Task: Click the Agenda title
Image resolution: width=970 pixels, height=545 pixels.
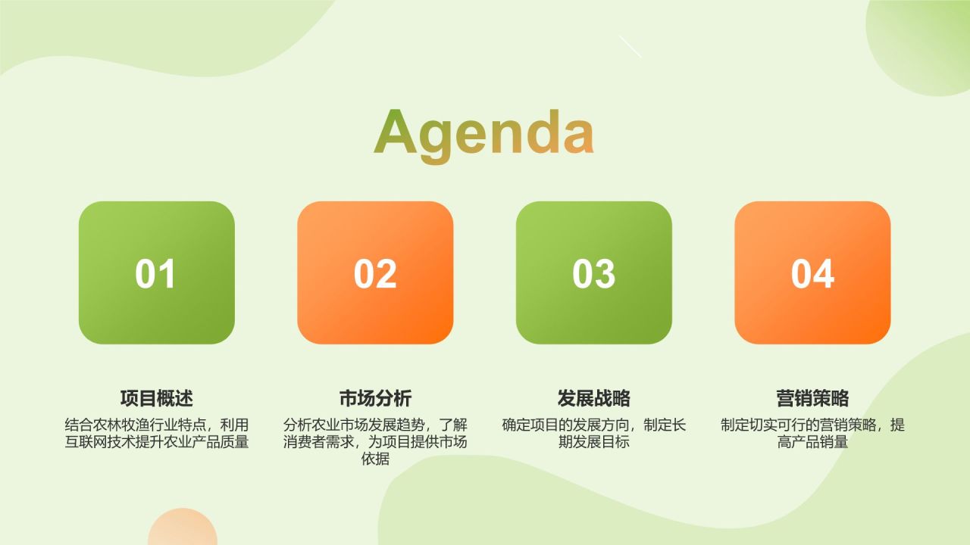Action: pyautogui.click(x=483, y=133)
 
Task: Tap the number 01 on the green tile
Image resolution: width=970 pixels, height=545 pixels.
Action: pyautogui.click(x=155, y=274)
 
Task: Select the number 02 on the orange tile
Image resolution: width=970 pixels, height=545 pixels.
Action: pyautogui.click(x=375, y=274)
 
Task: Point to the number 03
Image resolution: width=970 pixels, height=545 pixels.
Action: pyautogui.click(x=593, y=274)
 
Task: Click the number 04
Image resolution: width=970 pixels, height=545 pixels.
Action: pyautogui.click(x=812, y=274)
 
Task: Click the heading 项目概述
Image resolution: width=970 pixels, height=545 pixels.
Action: pyautogui.click(x=157, y=398)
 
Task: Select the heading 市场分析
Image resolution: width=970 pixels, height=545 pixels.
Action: pyautogui.click(x=375, y=398)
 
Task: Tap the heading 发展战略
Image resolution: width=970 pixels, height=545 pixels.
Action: pyautogui.click(x=594, y=398)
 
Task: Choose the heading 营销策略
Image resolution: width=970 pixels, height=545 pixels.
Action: pyautogui.click(x=812, y=398)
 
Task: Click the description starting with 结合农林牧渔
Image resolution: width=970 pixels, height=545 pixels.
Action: pyautogui.click(x=157, y=433)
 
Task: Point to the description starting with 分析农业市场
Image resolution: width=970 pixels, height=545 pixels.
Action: pyautogui.click(x=375, y=441)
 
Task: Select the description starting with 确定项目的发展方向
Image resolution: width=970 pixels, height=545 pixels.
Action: pyautogui.click(x=594, y=433)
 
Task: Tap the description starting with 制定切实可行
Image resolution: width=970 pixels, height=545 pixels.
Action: pyautogui.click(x=812, y=433)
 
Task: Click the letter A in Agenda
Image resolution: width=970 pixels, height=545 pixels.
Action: pyautogui.click(x=396, y=132)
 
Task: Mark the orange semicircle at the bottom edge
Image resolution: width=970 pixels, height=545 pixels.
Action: pyautogui.click(x=183, y=530)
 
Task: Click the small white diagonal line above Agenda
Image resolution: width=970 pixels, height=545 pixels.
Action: pyautogui.click(x=630, y=46)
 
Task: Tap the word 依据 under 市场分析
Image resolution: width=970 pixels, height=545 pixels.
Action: pyautogui.click(x=375, y=459)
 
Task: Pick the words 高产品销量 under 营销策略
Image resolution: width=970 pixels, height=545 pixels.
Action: pyautogui.click(x=812, y=442)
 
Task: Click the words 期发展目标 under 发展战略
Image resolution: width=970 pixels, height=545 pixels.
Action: pyautogui.click(x=594, y=442)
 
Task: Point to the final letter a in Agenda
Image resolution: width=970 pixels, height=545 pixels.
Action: pyautogui.click(x=577, y=137)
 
